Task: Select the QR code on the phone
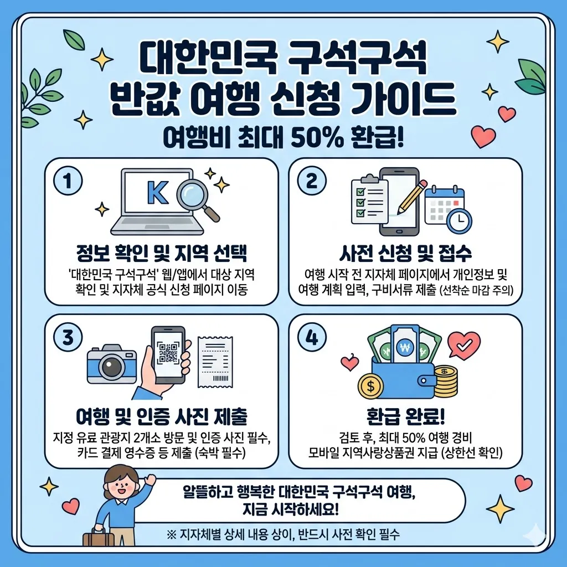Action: click(168, 353)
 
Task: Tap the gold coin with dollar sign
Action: click(371, 384)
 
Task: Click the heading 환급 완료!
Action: click(405, 416)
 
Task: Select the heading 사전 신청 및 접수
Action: click(405, 254)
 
